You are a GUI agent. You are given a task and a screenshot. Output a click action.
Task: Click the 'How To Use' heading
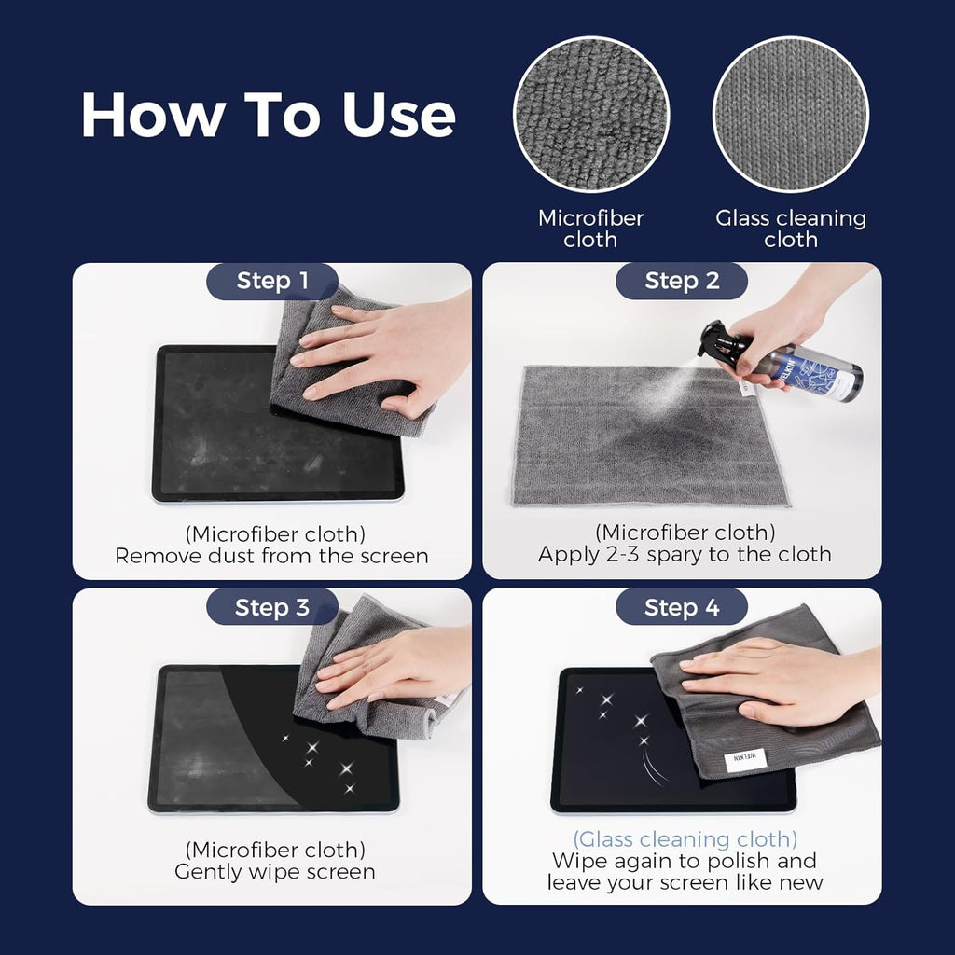point(268,115)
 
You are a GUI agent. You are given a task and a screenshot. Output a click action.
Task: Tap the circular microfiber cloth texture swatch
point(591,114)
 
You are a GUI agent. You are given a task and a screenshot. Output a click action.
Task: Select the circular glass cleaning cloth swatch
point(790,114)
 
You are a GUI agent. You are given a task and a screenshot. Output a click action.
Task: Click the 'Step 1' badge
point(272,281)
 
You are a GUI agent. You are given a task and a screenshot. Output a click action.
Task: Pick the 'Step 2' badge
point(682,281)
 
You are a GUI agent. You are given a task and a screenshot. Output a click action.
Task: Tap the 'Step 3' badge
point(272,607)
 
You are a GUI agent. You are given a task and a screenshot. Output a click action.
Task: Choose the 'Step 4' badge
point(682,608)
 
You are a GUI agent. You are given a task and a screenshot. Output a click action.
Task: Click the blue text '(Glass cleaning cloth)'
point(685,838)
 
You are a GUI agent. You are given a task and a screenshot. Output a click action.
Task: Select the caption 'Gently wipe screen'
point(274,872)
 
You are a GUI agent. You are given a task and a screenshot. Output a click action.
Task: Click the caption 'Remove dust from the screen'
point(271,556)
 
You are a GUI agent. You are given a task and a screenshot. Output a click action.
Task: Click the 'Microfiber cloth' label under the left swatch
point(590,228)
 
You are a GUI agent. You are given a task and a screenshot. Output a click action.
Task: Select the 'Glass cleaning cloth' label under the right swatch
point(791,228)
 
